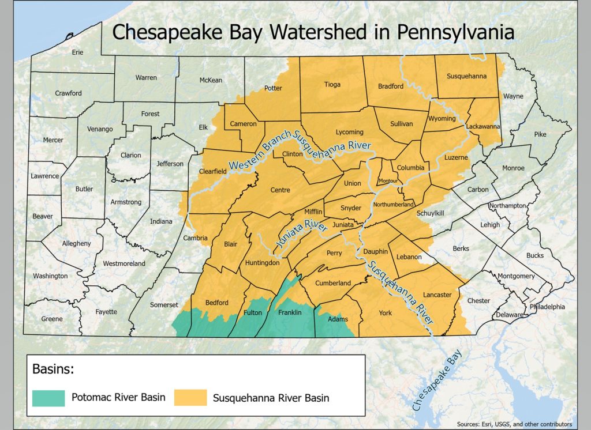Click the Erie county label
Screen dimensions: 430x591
[x=77, y=52]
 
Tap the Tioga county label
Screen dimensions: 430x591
[x=332, y=85]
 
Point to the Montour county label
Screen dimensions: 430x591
[x=388, y=181]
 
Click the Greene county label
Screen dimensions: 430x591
[x=51, y=319]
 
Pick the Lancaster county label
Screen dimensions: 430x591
[x=437, y=295]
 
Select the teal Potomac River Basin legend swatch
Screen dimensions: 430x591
[x=48, y=397]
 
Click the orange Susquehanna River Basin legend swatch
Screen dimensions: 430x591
[x=190, y=397]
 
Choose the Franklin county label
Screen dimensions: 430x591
[x=290, y=312]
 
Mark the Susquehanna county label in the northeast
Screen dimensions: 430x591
[x=467, y=76]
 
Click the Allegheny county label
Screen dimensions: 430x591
[x=76, y=243]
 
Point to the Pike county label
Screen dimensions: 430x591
[x=540, y=134]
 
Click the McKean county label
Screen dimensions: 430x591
[x=211, y=80]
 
